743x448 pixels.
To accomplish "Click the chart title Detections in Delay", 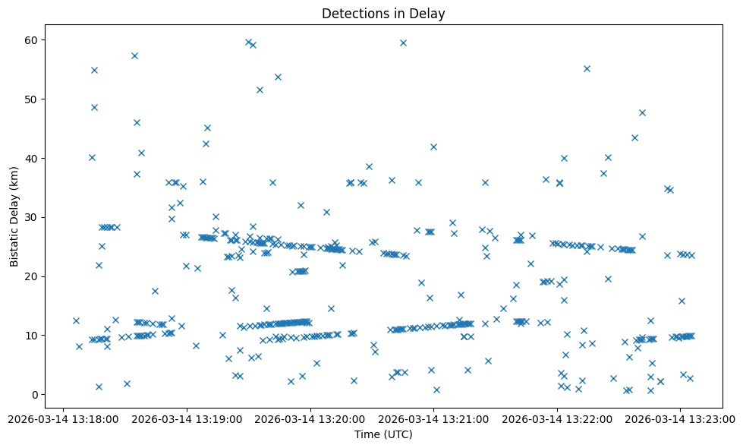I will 383,13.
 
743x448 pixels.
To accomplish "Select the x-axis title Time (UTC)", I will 383,434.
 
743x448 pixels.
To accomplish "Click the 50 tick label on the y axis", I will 33,99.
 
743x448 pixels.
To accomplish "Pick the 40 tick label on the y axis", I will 33,158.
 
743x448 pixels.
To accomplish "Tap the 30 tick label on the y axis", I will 33,217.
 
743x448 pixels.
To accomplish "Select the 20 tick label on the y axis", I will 33,276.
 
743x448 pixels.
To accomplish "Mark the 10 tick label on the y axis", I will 33,335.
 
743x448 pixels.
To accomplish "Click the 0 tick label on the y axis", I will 36,394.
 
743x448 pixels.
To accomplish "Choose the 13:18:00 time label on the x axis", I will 64,418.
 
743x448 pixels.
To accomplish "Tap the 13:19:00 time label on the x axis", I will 187,418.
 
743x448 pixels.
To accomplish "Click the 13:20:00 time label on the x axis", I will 310,418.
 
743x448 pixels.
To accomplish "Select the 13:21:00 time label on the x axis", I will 433,418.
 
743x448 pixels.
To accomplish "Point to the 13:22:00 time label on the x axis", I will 557,418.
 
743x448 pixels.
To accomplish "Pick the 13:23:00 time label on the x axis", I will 680,418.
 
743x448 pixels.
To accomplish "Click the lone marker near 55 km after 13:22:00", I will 587,68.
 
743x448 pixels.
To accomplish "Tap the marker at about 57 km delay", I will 134,55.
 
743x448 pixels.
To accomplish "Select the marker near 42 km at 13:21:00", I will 433,147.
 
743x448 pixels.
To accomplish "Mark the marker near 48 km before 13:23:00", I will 642,112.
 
